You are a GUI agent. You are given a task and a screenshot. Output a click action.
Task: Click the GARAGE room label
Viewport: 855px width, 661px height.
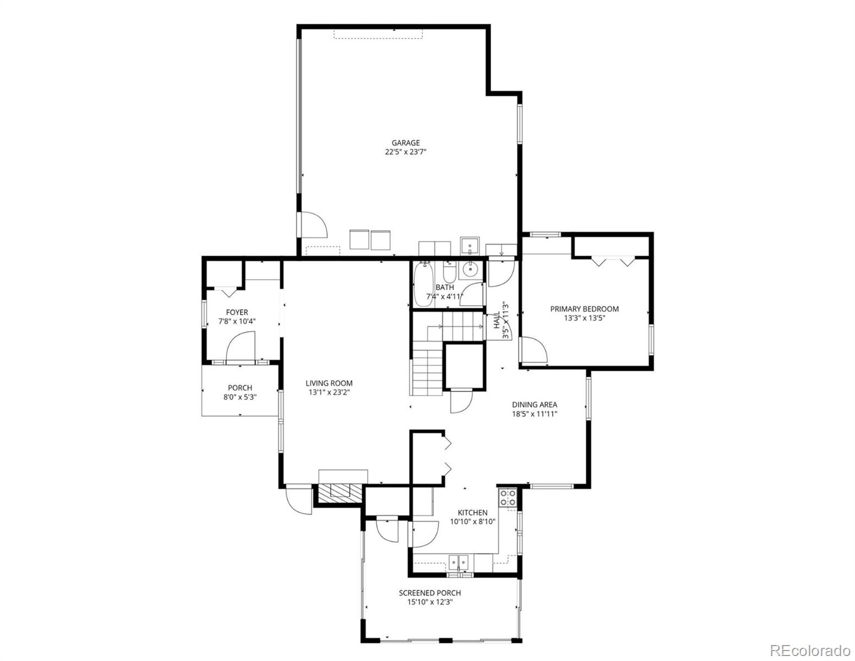(x=406, y=143)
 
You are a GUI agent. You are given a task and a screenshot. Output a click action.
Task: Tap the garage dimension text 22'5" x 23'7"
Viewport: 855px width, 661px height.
(x=406, y=152)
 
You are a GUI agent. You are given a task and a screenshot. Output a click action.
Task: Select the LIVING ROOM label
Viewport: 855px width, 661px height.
(x=329, y=383)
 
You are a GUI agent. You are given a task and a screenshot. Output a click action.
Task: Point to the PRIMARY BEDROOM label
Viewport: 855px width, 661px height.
(x=584, y=309)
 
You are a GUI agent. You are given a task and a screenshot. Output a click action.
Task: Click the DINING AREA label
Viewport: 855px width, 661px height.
(x=535, y=404)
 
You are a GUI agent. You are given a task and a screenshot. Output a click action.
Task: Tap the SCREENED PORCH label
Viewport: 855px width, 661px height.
(x=429, y=593)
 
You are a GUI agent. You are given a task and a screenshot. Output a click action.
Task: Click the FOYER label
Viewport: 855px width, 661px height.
(x=237, y=312)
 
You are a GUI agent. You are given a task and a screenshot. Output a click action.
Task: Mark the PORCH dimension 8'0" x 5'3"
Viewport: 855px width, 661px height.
(x=239, y=397)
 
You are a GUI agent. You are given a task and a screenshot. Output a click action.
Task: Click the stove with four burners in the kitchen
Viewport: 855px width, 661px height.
(x=507, y=497)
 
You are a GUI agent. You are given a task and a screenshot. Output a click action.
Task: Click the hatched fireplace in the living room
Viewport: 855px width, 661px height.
(x=337, y=494)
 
